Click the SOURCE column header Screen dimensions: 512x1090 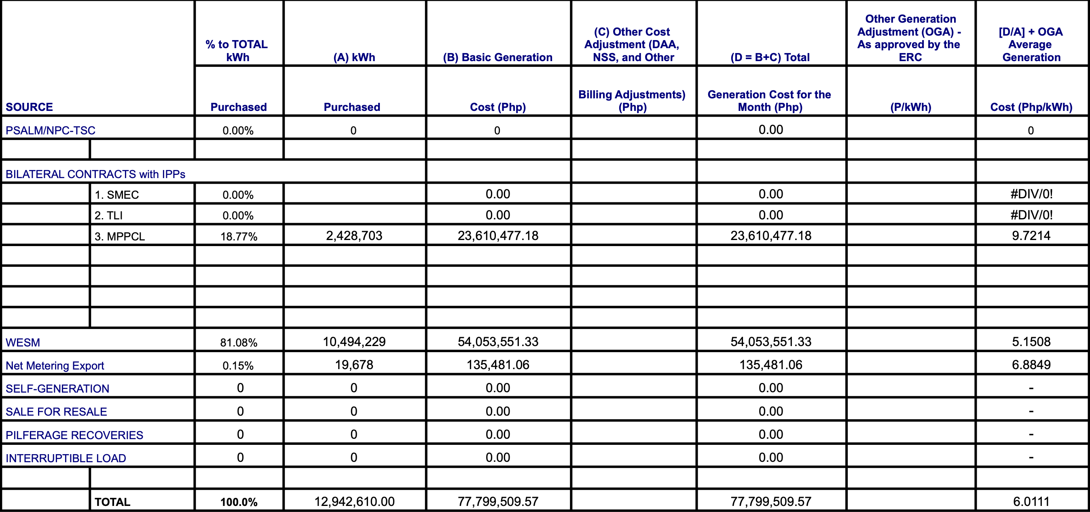29,107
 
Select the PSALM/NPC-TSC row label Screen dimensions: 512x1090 50,130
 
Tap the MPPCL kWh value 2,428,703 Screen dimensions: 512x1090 354,236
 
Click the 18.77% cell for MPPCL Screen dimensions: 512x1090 239,236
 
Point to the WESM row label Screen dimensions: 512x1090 23,342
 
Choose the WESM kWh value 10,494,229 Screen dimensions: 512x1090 354,341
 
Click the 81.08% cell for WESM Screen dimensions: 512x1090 239,342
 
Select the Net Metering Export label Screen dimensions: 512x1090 55,365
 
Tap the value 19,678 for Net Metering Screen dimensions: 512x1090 354,365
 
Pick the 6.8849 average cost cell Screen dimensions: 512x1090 1031,365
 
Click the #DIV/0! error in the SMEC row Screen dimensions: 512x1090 1031,194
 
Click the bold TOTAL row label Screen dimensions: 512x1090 112,502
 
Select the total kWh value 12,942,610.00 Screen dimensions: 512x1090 354,501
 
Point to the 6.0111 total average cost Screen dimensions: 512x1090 1031,501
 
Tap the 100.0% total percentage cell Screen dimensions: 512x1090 239,502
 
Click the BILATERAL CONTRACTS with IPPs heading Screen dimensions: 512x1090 95,174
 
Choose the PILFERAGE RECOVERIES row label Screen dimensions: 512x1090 74,435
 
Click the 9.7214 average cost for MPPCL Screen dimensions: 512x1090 1031,236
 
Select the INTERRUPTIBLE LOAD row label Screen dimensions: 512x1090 66,458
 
